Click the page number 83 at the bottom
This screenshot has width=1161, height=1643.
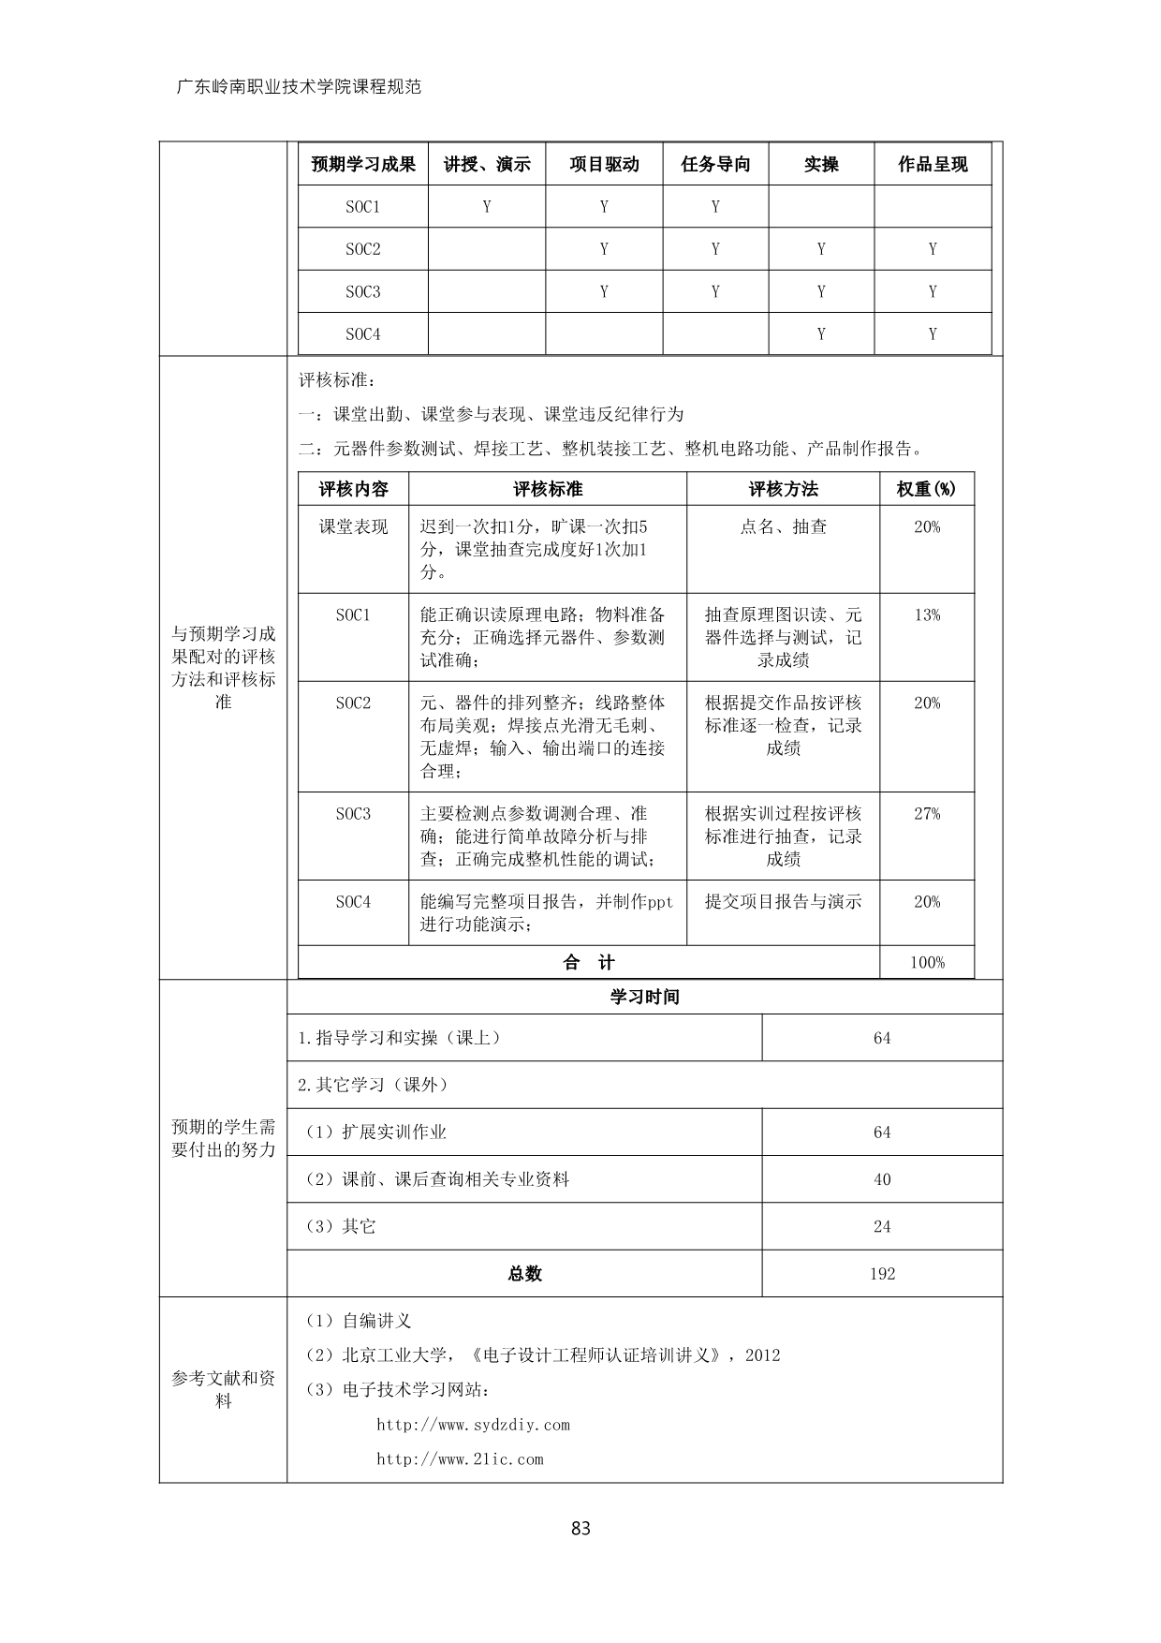580,1529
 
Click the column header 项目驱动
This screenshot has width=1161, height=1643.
604,164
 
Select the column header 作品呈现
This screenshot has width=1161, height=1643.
933,164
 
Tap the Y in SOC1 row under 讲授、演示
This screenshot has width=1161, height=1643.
487,207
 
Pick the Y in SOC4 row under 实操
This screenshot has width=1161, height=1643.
821,334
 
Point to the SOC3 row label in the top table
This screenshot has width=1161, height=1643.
363,292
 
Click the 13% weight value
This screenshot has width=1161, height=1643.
927,615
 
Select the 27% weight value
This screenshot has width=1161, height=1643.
927,814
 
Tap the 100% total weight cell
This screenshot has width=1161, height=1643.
927,963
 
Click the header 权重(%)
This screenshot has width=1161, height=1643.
927,489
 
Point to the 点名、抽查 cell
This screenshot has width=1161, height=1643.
783,527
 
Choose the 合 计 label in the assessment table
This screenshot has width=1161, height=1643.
589,963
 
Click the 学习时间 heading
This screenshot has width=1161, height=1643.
644,997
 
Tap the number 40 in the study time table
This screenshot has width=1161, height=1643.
882,1179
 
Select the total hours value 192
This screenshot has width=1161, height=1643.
882,1274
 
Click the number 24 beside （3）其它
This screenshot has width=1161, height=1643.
882,1227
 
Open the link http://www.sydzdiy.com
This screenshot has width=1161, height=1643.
473,1425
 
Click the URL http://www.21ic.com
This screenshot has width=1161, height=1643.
460,1459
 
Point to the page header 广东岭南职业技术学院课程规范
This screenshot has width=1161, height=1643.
299,87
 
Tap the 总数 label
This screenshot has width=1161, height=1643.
524,1274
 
